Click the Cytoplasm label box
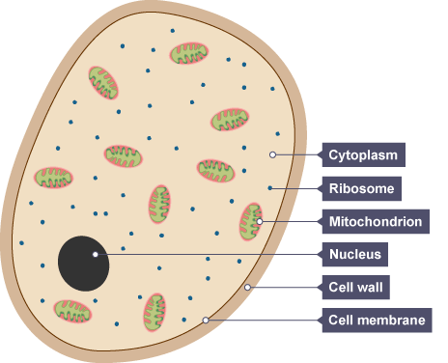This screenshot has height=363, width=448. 364,154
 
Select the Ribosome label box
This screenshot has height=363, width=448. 362,188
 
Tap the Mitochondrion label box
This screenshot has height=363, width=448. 376,222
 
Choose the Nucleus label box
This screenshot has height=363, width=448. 355,255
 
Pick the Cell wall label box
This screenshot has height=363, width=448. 356,287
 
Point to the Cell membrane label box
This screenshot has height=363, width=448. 377,321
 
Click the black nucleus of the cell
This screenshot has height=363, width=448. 83,264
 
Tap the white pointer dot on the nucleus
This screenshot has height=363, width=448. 96,255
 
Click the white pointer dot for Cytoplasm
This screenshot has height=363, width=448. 272,154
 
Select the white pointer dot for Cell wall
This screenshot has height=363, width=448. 247,287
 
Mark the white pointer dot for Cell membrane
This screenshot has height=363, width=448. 206,321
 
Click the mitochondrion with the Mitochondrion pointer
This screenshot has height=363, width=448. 251,221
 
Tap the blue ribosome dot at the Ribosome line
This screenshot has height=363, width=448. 270,188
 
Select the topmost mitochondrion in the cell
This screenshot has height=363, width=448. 189,53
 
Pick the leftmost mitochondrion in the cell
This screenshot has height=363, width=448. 53,178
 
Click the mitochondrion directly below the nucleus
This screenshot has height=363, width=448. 72,311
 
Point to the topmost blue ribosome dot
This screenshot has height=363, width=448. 173,31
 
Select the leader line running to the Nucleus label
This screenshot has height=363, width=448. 209,255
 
